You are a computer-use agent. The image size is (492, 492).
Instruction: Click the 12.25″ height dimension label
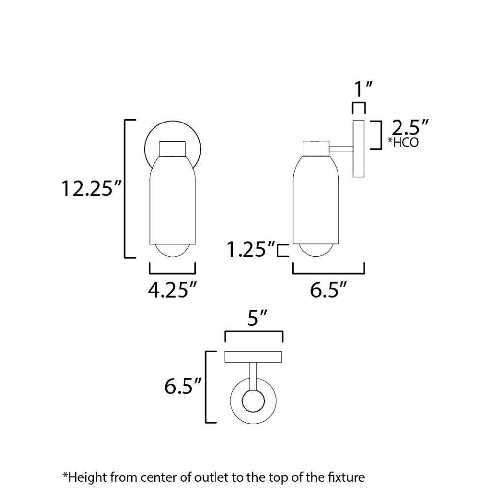91,188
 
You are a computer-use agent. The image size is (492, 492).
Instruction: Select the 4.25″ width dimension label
172,290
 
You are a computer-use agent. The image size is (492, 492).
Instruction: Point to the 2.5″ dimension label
410,127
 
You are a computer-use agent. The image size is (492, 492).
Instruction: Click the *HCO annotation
403,143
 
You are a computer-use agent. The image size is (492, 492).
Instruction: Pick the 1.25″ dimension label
251,249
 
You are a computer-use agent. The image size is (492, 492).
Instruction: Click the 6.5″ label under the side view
329,290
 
